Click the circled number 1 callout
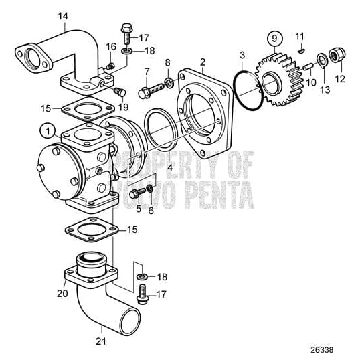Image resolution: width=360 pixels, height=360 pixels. [x=47, y=128]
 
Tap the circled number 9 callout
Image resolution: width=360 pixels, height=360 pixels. [x=272, y=36]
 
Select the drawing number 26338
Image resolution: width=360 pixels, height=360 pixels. [x=337, y=347]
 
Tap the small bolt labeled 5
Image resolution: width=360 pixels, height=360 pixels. [x=137, y=193]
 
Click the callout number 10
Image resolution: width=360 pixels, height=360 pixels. [x=311, y=83]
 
